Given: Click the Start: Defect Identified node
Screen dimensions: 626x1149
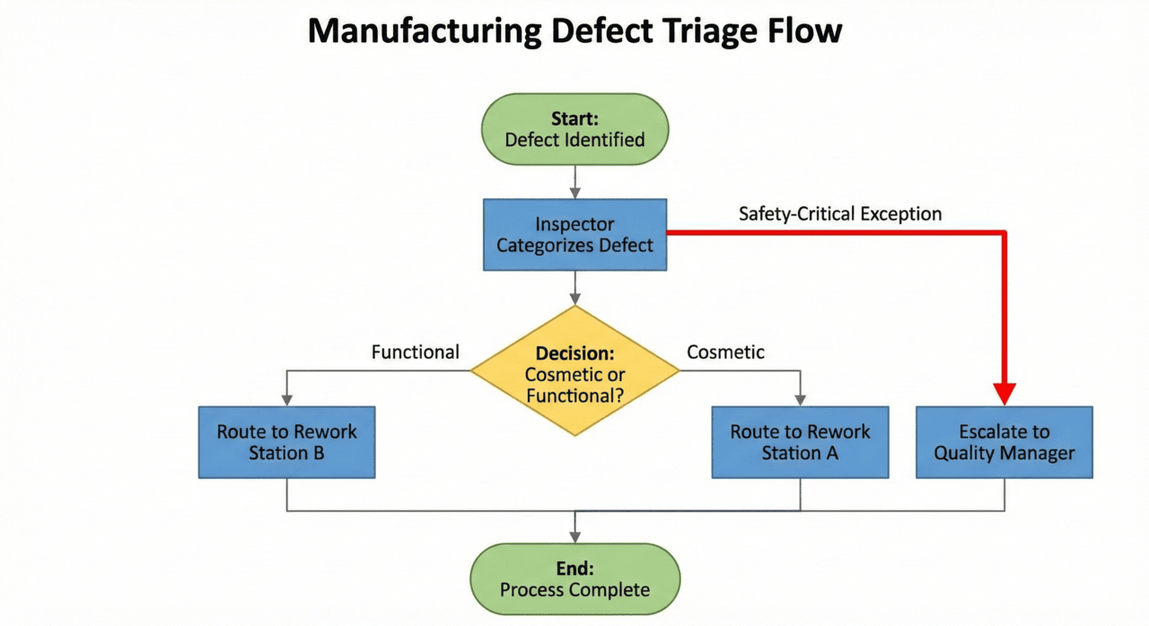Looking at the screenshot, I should (574, 129).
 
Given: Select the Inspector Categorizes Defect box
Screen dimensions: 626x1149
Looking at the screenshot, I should (574, 234).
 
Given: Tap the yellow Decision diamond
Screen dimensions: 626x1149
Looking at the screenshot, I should (574, 371).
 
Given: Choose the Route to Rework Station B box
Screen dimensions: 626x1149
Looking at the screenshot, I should (286, 442).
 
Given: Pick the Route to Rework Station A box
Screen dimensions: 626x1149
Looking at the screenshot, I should (800, 442).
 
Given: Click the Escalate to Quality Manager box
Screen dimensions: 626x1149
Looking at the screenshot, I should (1004, 442).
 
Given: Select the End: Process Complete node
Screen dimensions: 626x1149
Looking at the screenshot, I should (574, 578).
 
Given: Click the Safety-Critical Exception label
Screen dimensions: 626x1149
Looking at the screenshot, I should (840, 214).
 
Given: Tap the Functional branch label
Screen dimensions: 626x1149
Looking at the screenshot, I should (415, 352).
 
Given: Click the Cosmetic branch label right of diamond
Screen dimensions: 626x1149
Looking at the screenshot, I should (725, 352).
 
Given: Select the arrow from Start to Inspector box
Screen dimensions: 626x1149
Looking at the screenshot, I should (574, 182).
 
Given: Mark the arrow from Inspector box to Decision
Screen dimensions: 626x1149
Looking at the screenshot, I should (574, 287).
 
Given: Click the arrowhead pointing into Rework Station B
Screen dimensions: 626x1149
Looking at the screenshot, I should (286, 399).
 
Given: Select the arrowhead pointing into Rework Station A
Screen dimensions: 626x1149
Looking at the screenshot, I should (800, 399).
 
